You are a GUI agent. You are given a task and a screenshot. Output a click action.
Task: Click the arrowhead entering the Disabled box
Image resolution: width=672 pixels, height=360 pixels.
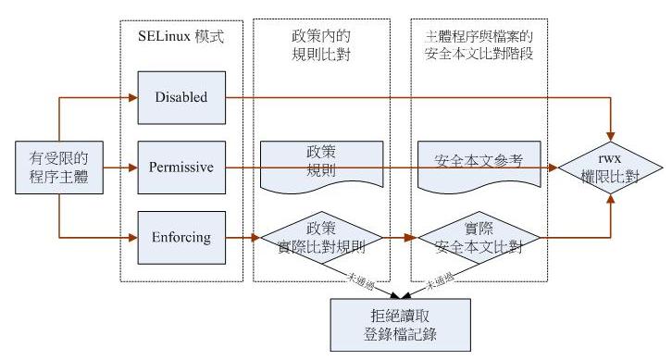[132, 96]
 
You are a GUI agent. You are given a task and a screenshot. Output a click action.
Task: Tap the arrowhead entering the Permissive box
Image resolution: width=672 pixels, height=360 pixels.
[132, 168]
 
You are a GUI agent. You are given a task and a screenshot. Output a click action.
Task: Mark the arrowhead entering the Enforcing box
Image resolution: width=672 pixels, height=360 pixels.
[132, 238]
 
